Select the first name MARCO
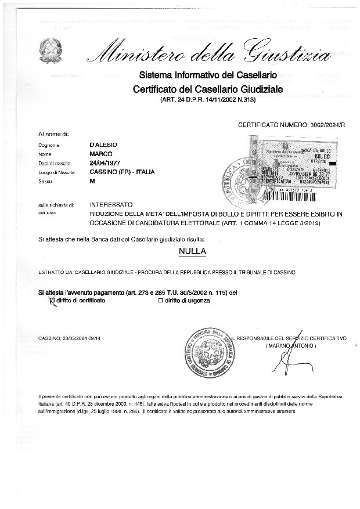100,154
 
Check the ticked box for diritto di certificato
53,301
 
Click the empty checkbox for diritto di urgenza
160,301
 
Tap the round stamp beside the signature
208,352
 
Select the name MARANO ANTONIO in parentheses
290,345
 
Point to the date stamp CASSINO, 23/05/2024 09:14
70,337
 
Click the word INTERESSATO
111,205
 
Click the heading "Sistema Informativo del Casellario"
207,75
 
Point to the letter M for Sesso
92,182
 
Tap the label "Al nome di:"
53,134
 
